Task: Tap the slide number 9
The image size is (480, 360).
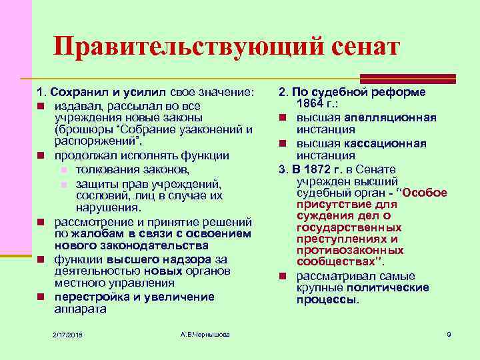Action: tap(449, 333)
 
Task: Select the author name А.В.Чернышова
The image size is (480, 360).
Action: tap(205, 333)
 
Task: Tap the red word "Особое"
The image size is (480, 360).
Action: tap(424, 193)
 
